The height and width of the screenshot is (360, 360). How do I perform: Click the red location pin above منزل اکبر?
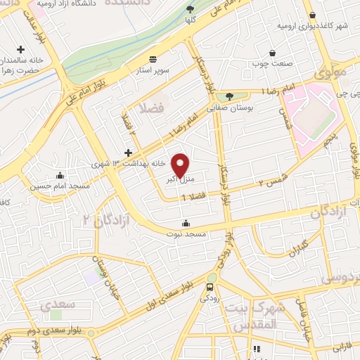(181, 165)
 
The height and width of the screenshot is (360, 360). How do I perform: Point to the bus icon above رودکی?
(210, 287)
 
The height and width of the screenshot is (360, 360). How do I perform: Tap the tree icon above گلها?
(191, 9)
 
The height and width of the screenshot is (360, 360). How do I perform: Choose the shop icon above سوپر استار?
(153, 59)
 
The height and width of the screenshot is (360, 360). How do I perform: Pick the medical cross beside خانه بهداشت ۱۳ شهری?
(128, 152)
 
